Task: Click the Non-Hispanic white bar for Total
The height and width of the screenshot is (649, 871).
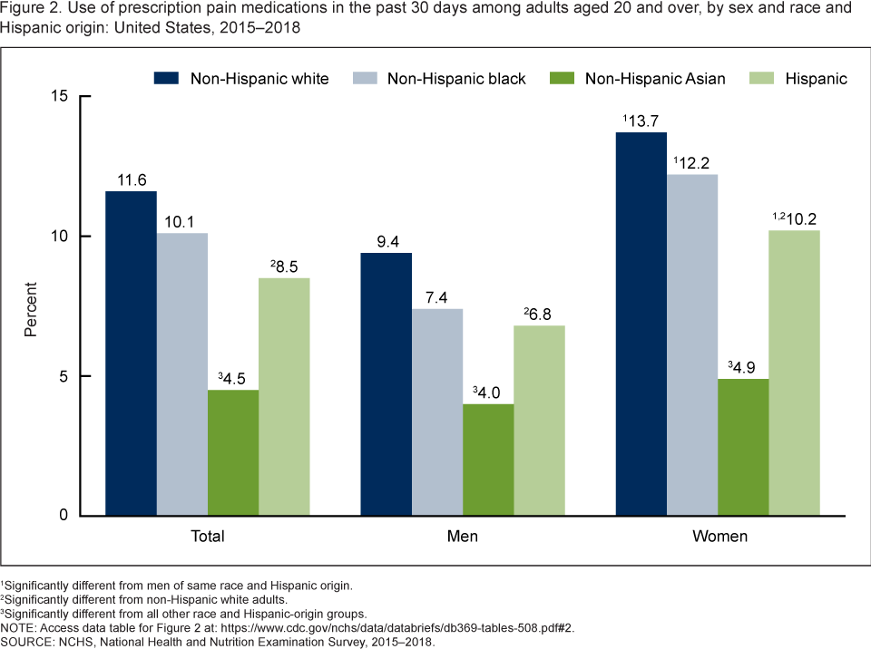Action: [131, 354]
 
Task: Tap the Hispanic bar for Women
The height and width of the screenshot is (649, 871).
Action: [794, 373]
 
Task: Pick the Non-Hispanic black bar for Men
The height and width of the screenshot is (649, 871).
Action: [437, 412]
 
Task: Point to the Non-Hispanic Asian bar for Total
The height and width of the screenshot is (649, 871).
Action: [233, 452]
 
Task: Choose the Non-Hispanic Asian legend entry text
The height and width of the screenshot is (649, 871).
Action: [655, 79]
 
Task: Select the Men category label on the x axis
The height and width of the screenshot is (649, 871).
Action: [463, 536]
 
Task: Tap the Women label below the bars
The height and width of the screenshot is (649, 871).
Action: [720, 536]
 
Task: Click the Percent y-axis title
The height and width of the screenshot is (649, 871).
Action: [31, 306]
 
